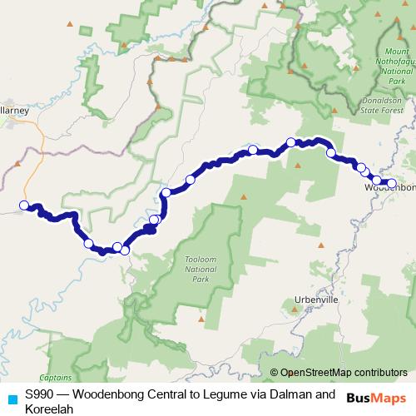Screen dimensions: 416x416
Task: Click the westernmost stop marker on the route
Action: [x=24, y=206]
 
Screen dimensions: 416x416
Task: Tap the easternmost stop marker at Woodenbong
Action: [x=392, y=184]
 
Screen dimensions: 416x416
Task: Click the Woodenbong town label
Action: [x=390, y=188]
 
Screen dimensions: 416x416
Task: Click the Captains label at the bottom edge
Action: [x=55, y=377]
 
